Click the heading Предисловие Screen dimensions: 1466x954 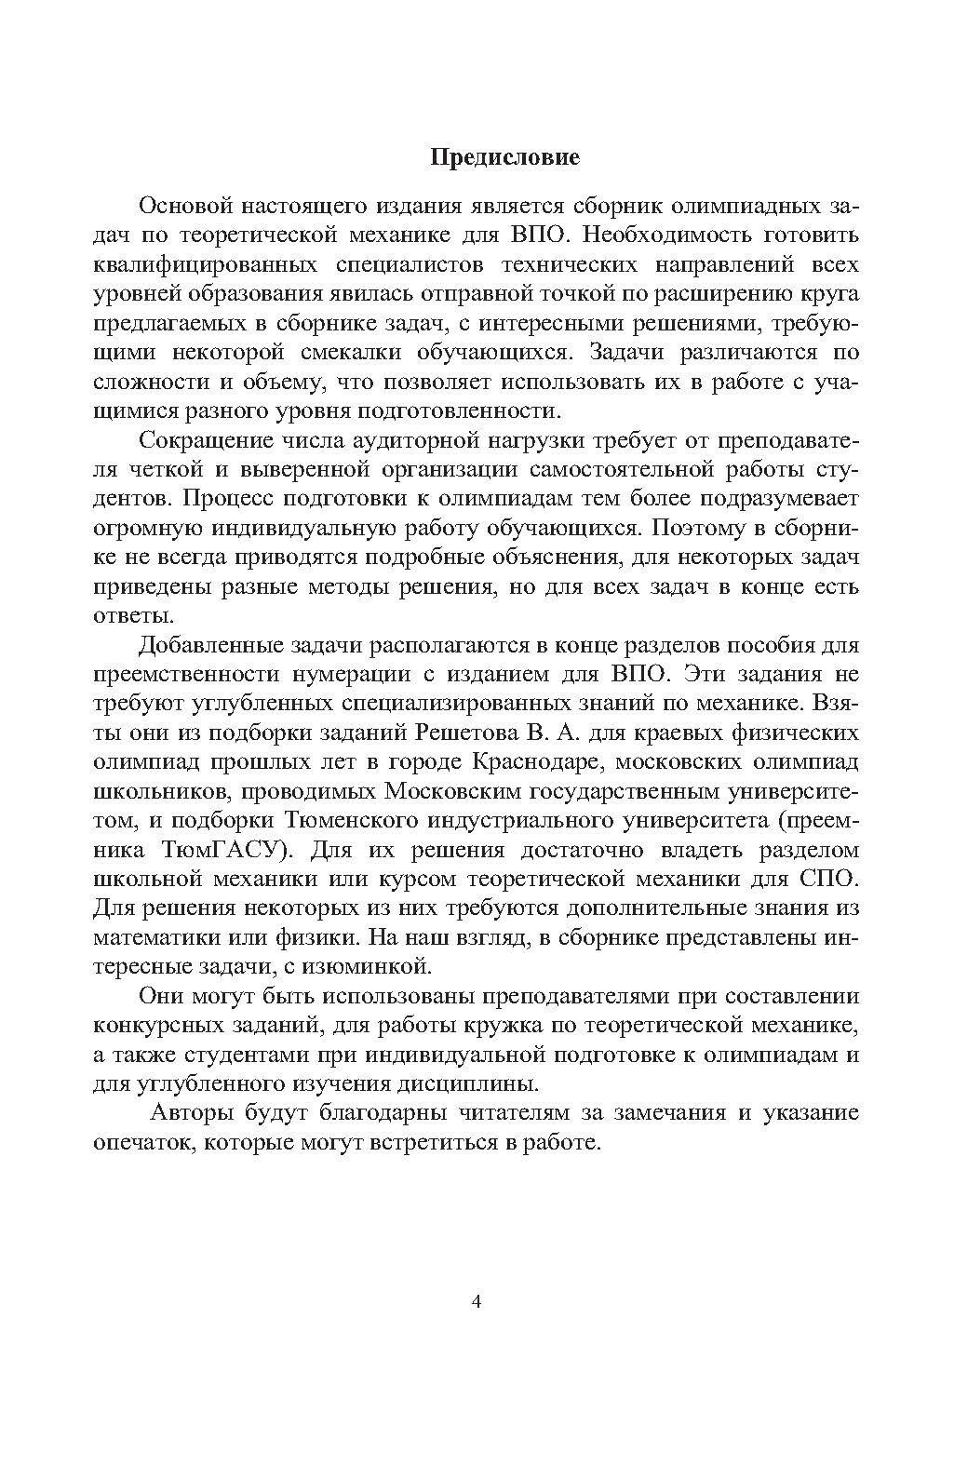point(504,156)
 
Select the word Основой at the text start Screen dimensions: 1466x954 point(183,206)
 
